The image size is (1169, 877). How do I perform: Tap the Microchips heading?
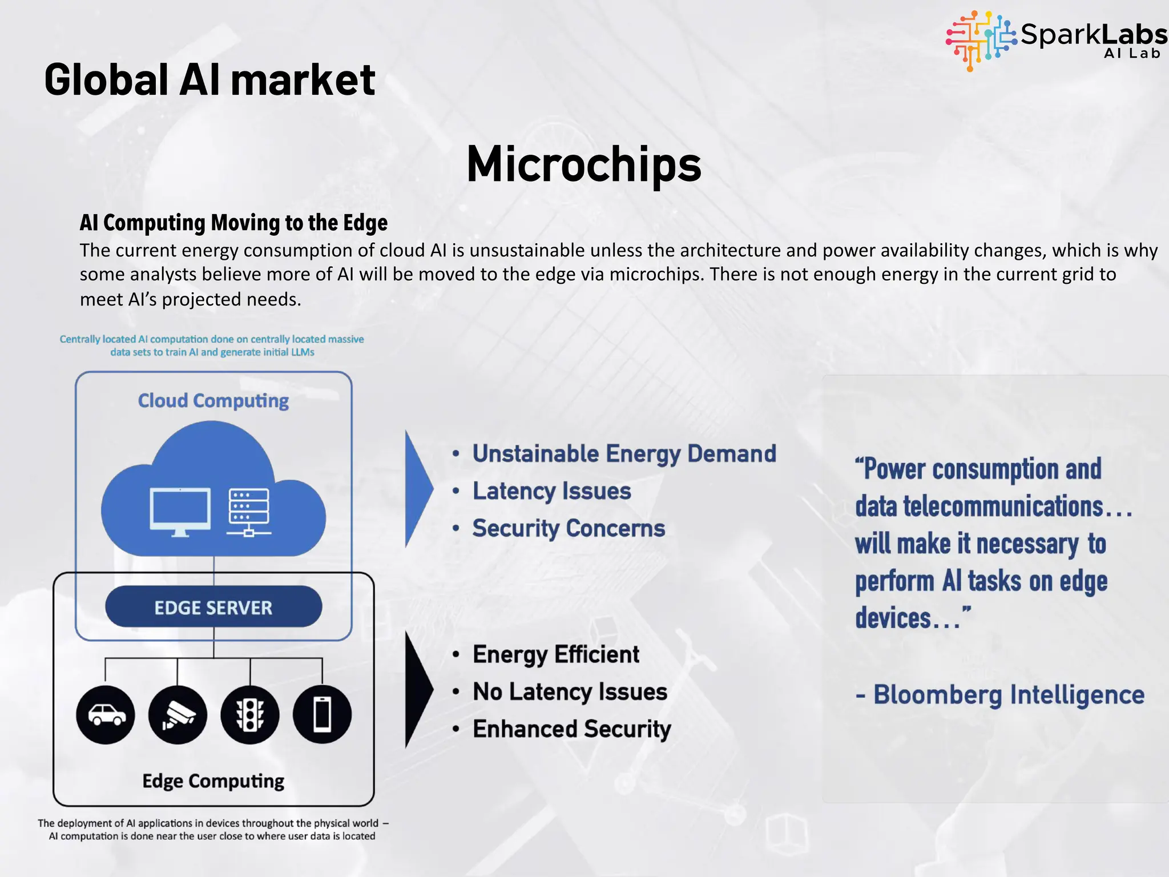584,164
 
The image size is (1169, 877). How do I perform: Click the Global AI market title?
209,80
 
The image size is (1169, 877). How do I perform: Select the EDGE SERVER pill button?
213,607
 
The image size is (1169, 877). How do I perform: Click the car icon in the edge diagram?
106,714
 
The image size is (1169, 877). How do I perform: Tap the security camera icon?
178,714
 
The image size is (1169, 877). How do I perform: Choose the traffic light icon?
250,714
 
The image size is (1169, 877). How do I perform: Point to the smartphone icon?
322,714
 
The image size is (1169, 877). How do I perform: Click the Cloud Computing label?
213,401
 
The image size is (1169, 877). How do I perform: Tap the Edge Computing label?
213,781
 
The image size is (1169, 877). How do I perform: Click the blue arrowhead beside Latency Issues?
418,489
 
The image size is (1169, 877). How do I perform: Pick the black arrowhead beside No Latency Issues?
418,690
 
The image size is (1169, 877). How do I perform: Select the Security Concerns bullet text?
569,529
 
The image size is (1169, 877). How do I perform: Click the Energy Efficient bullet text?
556,654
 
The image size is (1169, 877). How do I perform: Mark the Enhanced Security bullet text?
572,729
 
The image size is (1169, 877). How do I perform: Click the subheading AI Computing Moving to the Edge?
233,223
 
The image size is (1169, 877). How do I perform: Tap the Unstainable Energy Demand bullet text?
624,454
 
